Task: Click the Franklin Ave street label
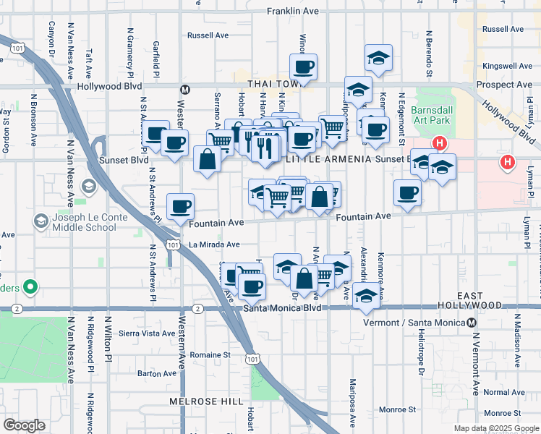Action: click(292, 12)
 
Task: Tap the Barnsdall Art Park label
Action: click(431, 115)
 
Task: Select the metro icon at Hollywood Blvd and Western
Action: click(185, 90)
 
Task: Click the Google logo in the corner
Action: click(24, 425)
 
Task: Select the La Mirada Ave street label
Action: click(214, 244)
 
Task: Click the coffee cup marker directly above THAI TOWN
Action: click(303, 68)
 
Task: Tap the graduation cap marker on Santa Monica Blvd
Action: click(367, 297)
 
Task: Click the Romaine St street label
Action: click(210, 355)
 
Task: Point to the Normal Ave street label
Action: click(499, 392)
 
